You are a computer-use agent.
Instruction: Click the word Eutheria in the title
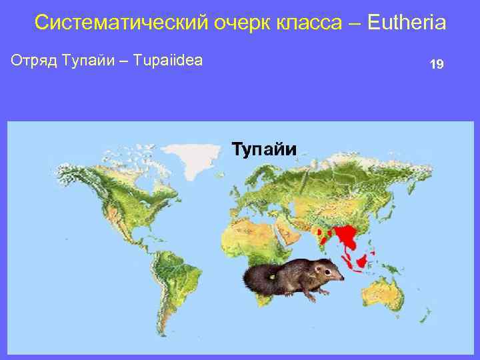click(406, 23)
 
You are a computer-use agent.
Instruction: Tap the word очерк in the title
click(237, 23)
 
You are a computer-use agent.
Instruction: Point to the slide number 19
click(437, 65)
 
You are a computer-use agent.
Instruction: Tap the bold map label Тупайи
click(263, 148)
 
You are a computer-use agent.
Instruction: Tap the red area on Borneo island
click(362, 261)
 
